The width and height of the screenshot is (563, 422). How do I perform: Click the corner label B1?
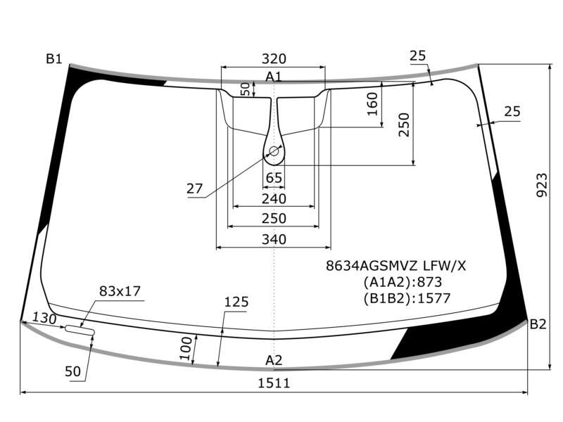pos(54,58)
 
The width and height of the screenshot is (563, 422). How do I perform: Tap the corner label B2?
pos(538,324)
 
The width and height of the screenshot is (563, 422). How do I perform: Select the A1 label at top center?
pos(274,77)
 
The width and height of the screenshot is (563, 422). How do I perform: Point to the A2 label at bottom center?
pos(274,360)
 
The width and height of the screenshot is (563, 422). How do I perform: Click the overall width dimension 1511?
pos(274,383)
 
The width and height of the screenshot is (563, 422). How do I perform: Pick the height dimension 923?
pos(542,185)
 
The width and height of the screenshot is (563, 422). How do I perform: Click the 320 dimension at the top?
pos(274,58)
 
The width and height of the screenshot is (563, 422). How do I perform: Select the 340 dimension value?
pos(274,239)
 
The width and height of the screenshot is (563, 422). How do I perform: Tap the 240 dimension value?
pos(274,198)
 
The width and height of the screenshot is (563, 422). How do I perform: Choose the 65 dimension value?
pos(274,178)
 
